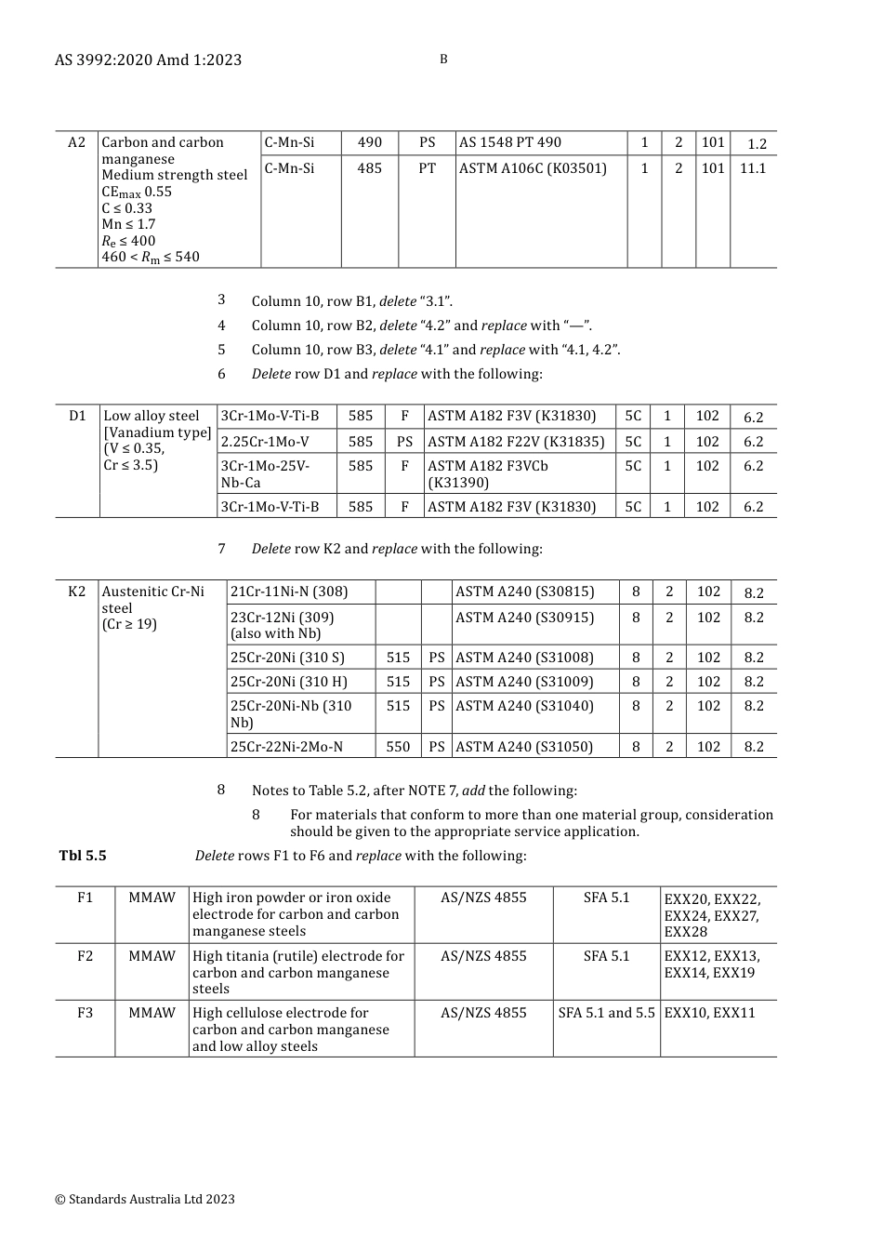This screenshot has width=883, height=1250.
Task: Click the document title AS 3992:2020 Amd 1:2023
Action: (148, 60)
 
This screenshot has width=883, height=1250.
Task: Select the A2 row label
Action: (76, 142)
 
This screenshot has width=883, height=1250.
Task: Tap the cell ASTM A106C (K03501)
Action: (533, 168)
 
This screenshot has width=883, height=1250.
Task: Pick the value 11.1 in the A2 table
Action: (753, 168)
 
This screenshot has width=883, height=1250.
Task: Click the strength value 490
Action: (370, 142)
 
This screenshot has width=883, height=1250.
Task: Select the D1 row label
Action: (77, 416)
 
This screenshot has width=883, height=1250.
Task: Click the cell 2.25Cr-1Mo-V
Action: (265, 442)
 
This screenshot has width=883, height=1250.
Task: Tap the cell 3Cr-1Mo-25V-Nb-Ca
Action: (266, 474)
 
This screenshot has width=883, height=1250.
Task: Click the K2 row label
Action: (76, 592)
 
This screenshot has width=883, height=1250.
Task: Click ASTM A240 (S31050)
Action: (524, 746)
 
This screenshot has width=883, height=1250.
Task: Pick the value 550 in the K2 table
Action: (398, 746)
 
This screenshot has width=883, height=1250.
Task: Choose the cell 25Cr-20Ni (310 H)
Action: (289, 682)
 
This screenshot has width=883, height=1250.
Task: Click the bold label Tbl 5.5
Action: (83, 856)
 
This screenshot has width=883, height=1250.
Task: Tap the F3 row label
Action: (85, 1013)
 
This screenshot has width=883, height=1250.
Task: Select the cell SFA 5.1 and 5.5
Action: (606, 1013)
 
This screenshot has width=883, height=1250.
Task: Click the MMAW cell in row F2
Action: (152, 956)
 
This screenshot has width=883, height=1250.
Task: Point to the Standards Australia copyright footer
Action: (145, 1200)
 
